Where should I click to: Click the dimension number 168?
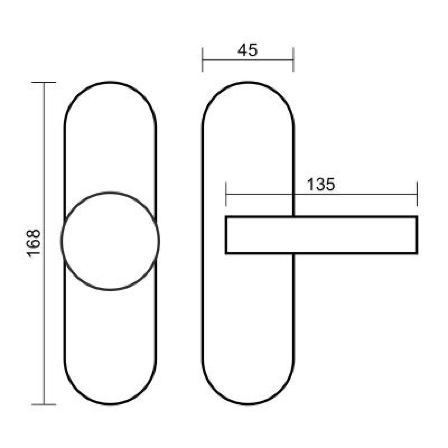(x=34, y=243)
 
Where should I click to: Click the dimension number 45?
(x=248, y=50)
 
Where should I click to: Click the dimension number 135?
(x=321, y=184)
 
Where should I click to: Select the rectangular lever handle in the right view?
(x=321, y=217)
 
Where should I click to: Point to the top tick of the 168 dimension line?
(x=44, y=82)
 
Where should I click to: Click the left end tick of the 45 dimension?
(x=202, y=59)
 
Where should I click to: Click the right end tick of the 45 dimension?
(x=293, y=59)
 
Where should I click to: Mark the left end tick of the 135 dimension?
(x=226, y=194)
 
